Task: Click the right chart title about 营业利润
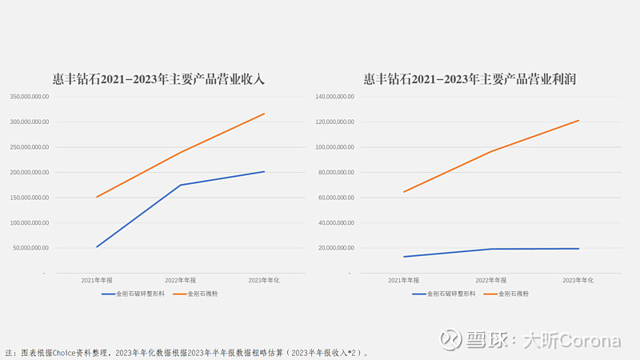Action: (470, 79)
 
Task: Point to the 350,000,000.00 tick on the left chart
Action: (30, 97)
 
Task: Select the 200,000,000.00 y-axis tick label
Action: (30, 172)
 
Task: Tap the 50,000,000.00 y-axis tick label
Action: (31, 248)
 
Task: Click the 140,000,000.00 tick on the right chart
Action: (335, 97)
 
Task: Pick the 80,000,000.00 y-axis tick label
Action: (337, 172)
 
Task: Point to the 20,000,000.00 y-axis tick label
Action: (337, 248)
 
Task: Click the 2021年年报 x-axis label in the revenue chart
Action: (98, 281)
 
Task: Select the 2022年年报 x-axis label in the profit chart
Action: (491, 281)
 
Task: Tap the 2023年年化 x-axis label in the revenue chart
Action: (264, 281)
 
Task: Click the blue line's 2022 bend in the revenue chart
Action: (181, 185)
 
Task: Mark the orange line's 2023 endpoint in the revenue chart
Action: (264, 114)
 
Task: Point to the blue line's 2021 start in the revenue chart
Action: (98, 246)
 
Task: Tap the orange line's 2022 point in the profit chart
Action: (491, 151)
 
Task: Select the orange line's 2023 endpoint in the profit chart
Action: (578, 121)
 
